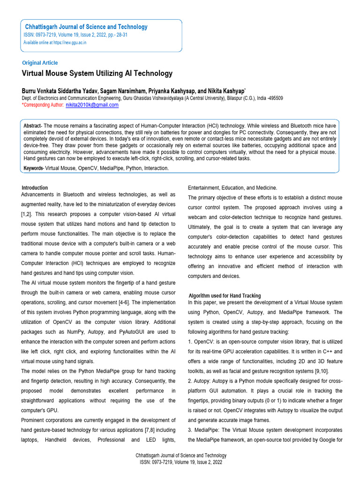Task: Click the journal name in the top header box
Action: [86, 27]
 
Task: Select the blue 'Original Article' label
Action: [40, 63]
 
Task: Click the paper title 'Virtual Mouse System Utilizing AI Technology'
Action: [97, 74]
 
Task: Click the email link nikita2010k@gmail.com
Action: [92, 105]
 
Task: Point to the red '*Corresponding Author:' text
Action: [43, 105]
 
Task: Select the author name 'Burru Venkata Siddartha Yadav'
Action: [59, 90]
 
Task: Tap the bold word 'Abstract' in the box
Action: [33, 126]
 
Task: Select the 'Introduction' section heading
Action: [35, 187]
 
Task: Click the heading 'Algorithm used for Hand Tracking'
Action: [225, 296]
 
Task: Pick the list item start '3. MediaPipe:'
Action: [203, 430]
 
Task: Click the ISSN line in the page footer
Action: [181, 462]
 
